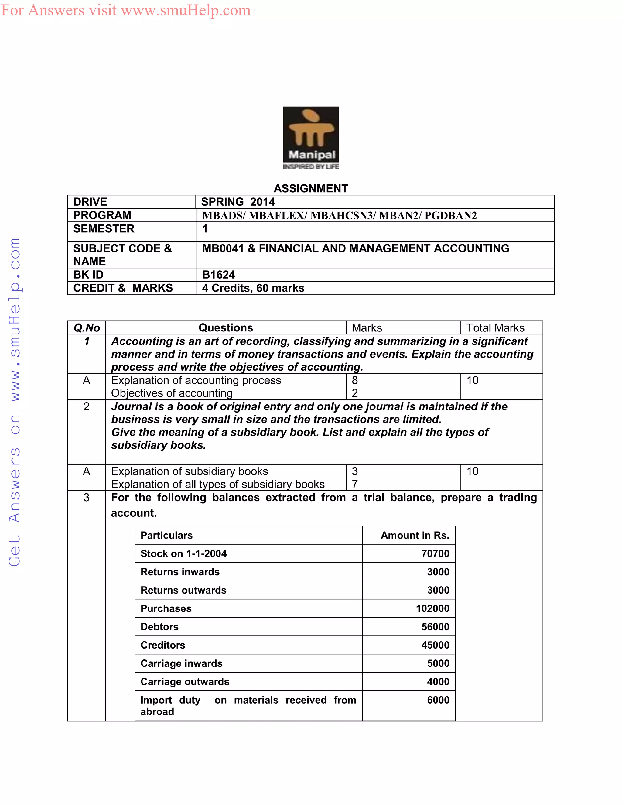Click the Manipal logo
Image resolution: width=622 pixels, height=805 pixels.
[x=311, y=138]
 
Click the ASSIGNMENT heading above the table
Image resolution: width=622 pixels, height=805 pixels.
[x=311, y=188]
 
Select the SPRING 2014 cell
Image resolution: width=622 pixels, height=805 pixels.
[x=238, y=202]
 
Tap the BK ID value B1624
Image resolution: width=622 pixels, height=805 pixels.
[x=218, y=275]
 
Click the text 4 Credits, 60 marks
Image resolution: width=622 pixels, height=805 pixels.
[x=253, y=288]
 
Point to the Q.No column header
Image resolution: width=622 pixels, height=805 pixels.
[x=87, y=328]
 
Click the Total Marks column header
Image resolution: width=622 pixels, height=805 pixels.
[x=495, y=328]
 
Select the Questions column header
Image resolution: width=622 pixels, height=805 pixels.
[x=226, y=328]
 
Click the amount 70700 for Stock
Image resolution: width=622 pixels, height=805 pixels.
[x=435, y=553]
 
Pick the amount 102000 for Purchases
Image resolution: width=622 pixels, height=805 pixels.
[x=432, y=608]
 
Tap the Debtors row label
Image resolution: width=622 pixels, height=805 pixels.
[x=159, y=627]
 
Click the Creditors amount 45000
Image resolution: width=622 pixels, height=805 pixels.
[x=435, y=645]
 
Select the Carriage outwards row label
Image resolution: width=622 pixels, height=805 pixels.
[x=185, y=682]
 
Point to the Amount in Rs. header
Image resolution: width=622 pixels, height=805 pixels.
[x=415, y=535]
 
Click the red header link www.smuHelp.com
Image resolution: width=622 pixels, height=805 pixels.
[x=185, y=10]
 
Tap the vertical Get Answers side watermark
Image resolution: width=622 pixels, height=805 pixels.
[x=15, y=402]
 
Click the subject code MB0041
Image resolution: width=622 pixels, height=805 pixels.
[x=223, y=248]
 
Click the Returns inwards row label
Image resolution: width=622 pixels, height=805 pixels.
[x=180, y=572]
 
